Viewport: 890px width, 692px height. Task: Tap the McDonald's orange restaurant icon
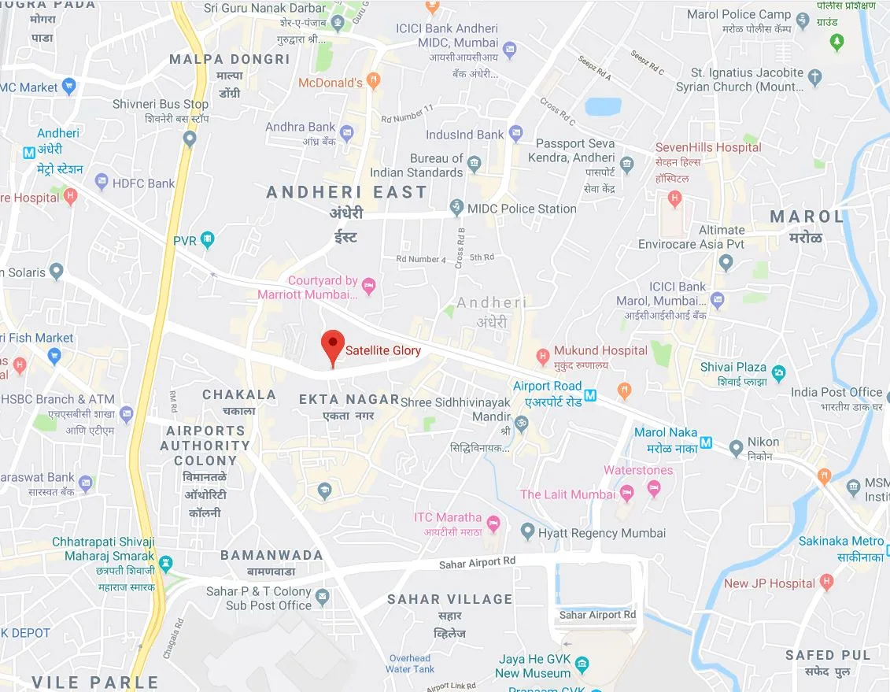pyautogui.click(x=374, y=80)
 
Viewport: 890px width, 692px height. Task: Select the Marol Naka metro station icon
pyautogui.click(x=706, y=442)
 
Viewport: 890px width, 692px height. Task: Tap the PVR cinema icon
pyautogui.click(x=207, y=239)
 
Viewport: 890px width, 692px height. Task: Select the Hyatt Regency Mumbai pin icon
pyautogui.click(x=528, y=533)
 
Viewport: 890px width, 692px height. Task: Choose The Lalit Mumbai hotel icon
pyautogui.click(x=627, y=494)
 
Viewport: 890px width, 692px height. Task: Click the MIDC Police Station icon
pyautogui.click(x=456, y=209)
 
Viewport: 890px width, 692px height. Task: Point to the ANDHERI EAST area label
pyautogui.click(x=346, y=192)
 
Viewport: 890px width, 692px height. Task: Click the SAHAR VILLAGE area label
pyautogui.click(x=449, y=599)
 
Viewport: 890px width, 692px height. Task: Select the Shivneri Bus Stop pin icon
pyautogui.click(x=189, y=139)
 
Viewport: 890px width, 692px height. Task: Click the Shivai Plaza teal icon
pyautogui.click(x=778, y=372)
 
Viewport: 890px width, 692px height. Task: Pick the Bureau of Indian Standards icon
pyautogui.click(x=474, y=165)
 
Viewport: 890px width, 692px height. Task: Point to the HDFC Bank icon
pyautogui.click(x=102, y=183)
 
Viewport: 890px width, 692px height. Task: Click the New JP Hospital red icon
pyautogui.click(x=825, y=583)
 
